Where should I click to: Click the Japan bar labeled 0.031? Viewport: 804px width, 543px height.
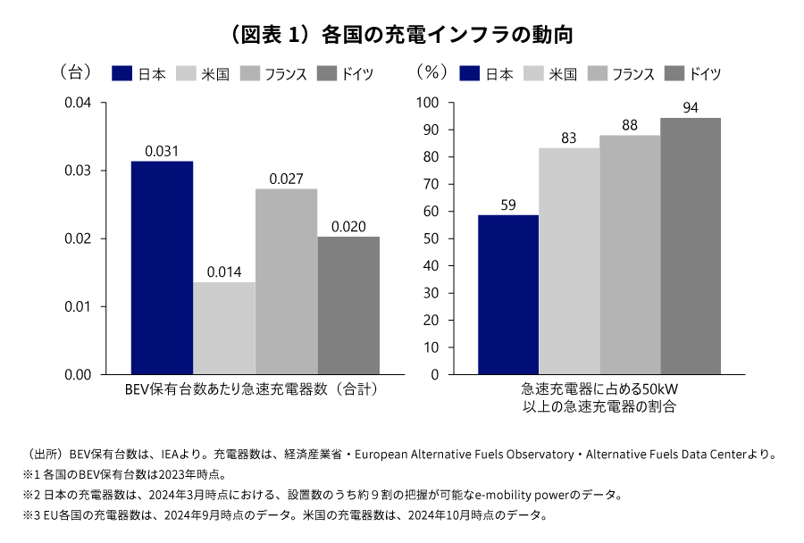162,268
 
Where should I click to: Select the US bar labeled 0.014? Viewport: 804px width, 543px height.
224,329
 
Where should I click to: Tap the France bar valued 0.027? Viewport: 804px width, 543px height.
286,281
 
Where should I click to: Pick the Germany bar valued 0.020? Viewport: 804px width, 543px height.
348,305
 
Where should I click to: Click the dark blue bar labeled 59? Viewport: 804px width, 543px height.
508,295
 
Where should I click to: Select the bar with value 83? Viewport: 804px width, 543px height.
569,261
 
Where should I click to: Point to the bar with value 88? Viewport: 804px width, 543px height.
630,255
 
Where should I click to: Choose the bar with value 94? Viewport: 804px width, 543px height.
691,246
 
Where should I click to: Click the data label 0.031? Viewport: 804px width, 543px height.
162,151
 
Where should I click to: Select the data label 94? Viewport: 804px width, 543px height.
691,108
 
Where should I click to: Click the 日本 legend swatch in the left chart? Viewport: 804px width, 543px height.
123,74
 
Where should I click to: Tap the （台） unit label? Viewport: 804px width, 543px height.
75,70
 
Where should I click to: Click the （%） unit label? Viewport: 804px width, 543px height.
431,70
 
